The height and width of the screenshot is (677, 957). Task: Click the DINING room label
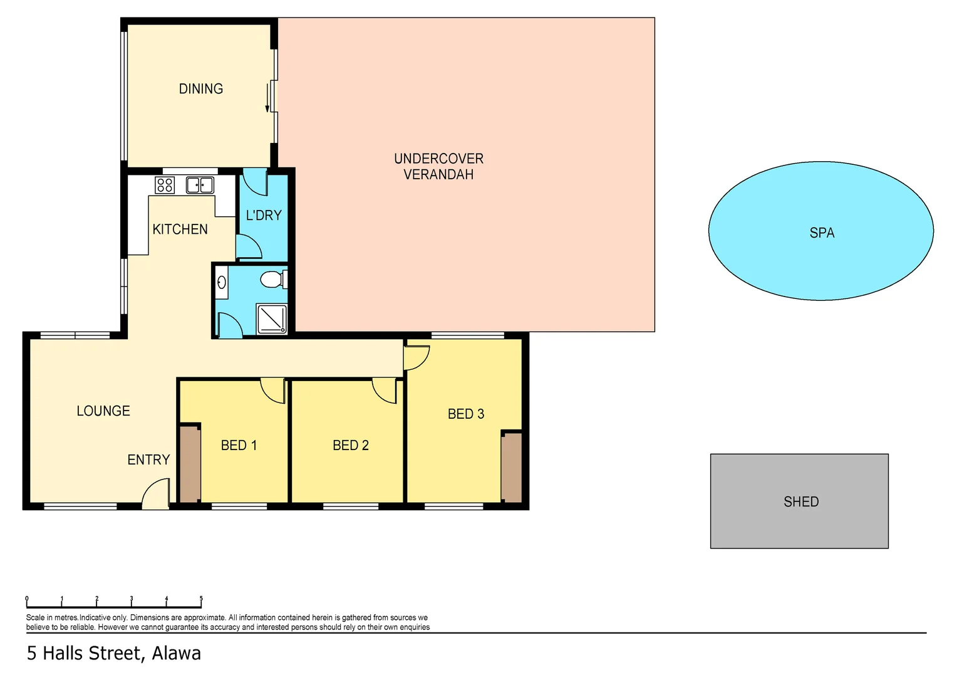tap(200, 89)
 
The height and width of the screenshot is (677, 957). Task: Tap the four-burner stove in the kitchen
tap(165, 185)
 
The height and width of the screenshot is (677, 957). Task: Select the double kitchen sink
tap(200, 185)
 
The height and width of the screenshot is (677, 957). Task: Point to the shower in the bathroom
tap(272, 318)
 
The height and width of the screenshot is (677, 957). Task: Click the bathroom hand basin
tap(221, 283)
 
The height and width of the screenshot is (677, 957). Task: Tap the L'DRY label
tap(264, 216)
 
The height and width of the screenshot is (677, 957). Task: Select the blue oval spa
tap(820, 231)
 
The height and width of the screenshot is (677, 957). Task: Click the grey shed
tap(799, 501)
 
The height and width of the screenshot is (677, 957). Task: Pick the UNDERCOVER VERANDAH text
tap(438, 167)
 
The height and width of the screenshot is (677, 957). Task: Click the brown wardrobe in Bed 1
tap(190, 464)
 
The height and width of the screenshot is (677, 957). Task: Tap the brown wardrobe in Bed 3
tap(511, 467)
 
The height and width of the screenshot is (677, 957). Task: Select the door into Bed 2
tap(385, 390)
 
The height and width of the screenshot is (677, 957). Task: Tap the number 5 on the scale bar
tap(201, 599)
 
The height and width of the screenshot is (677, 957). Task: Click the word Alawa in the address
tap(177, 653)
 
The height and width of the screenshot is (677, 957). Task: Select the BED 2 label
tap(350, 446)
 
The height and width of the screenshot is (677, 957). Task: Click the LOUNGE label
tap(103, 411)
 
